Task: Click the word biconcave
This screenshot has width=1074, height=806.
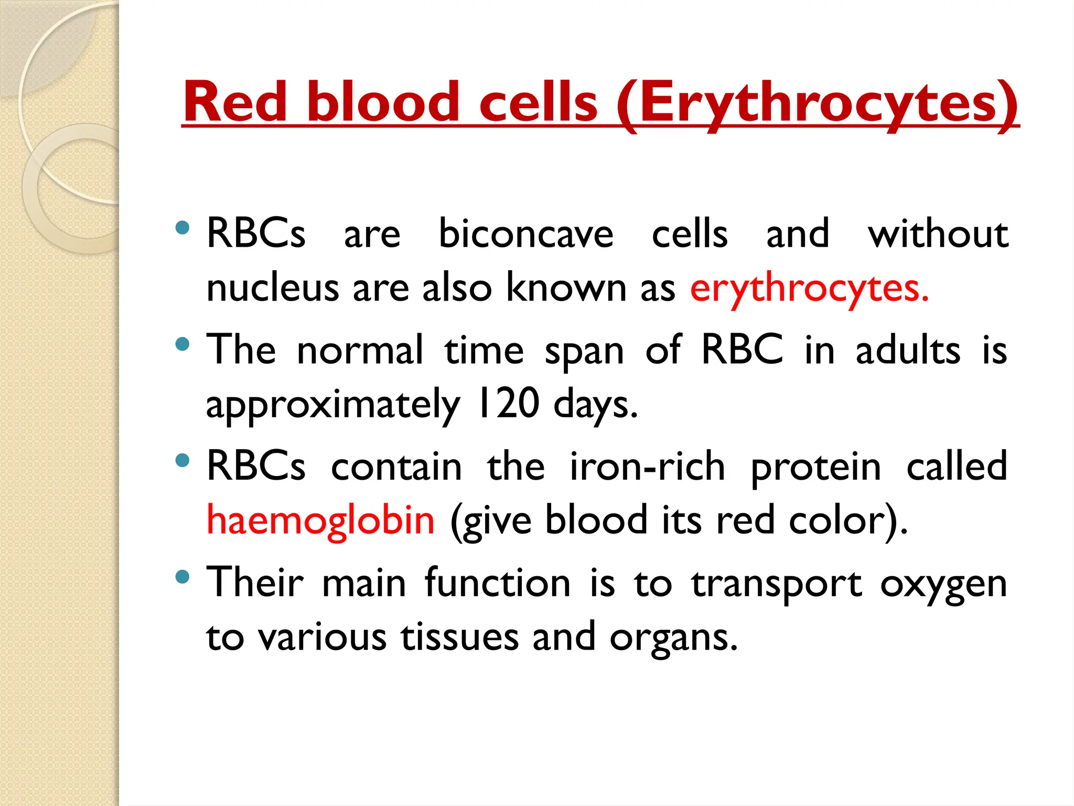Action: click(525, 234)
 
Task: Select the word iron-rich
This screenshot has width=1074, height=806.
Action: click(647, 466)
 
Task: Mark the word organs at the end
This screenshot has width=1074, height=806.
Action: click(674, 638)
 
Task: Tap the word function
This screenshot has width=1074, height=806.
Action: click(497, 582)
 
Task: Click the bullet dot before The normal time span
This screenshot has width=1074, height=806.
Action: click(182, 344)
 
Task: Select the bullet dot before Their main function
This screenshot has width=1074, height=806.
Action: click(182, 577)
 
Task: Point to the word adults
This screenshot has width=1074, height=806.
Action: click(908, 351)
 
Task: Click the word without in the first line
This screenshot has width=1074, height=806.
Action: click(938, 234)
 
